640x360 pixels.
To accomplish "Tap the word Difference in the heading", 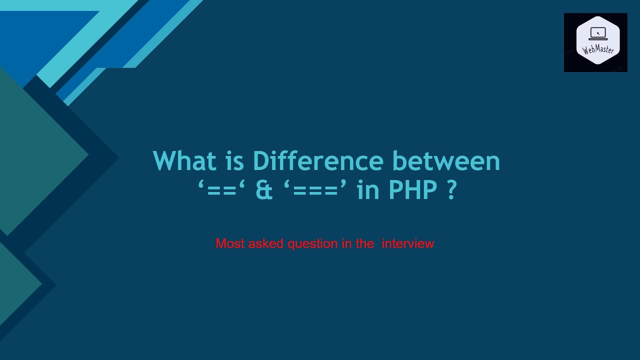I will click(x=317, y=161).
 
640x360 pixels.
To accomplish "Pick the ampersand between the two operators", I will click(x=264, y=191).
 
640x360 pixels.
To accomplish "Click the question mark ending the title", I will click(x=451, y=191).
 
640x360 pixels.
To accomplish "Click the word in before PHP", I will click(x=367, y=191).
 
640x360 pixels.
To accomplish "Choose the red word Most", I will click(x=230, y=244).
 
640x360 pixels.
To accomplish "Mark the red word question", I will click(x=312, y=244).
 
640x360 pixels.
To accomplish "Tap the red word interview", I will click(x=407, y=244).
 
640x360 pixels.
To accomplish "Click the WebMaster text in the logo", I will click(x=598, y=49).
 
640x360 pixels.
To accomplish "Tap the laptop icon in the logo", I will click(x=598, y=33).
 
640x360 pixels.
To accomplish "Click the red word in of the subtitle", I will click(x=346, y=244).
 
